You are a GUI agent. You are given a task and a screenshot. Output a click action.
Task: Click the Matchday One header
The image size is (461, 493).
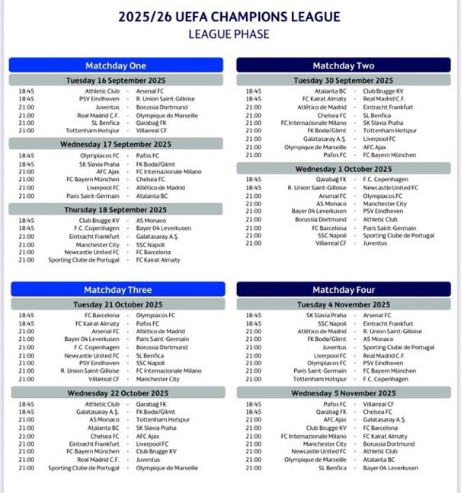pyautogui.click(x=116, y=65)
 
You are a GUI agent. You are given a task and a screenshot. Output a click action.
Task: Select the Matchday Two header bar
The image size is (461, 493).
pyautogui.click(x=343, y=65)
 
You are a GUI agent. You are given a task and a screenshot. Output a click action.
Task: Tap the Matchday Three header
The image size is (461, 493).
pyautogui.click(x=116, y=289)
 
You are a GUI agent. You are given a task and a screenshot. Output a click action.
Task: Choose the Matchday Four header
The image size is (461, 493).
pyautogui.click(x=343, y=289)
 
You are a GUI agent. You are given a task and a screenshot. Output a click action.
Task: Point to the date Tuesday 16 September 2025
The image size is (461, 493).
pyautogui.click(x=116, y=80)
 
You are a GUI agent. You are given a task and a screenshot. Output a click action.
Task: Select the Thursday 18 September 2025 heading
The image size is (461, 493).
pyautogui.click(x=116, y=210)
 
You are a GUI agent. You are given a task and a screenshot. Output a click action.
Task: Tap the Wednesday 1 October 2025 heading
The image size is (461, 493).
pyautogui.click(x=343, y=168)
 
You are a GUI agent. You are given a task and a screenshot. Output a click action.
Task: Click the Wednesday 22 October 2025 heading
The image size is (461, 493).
pyautogui.click(x=116, y=393)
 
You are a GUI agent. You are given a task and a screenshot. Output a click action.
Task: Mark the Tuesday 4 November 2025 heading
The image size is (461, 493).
pyautogui.click(x=343, y=304)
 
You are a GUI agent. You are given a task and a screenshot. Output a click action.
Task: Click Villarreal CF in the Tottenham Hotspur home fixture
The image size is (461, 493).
pyautogui.click(x=152, y=130)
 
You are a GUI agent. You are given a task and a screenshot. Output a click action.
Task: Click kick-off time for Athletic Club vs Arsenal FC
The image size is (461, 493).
pyautogui.click(x=26, y=91)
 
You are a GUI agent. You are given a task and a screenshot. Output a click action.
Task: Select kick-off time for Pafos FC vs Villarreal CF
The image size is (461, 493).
pyautogui.click(x=253, y=404)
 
